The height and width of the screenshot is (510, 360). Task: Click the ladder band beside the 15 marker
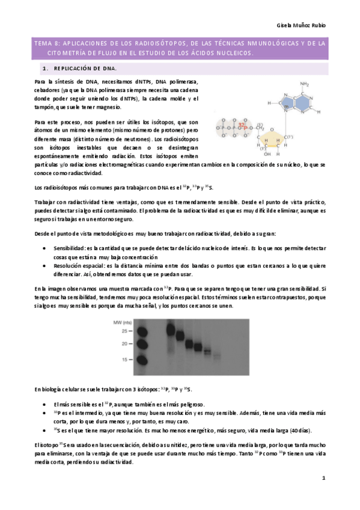143,359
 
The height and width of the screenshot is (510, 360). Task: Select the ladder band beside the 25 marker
143,331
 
